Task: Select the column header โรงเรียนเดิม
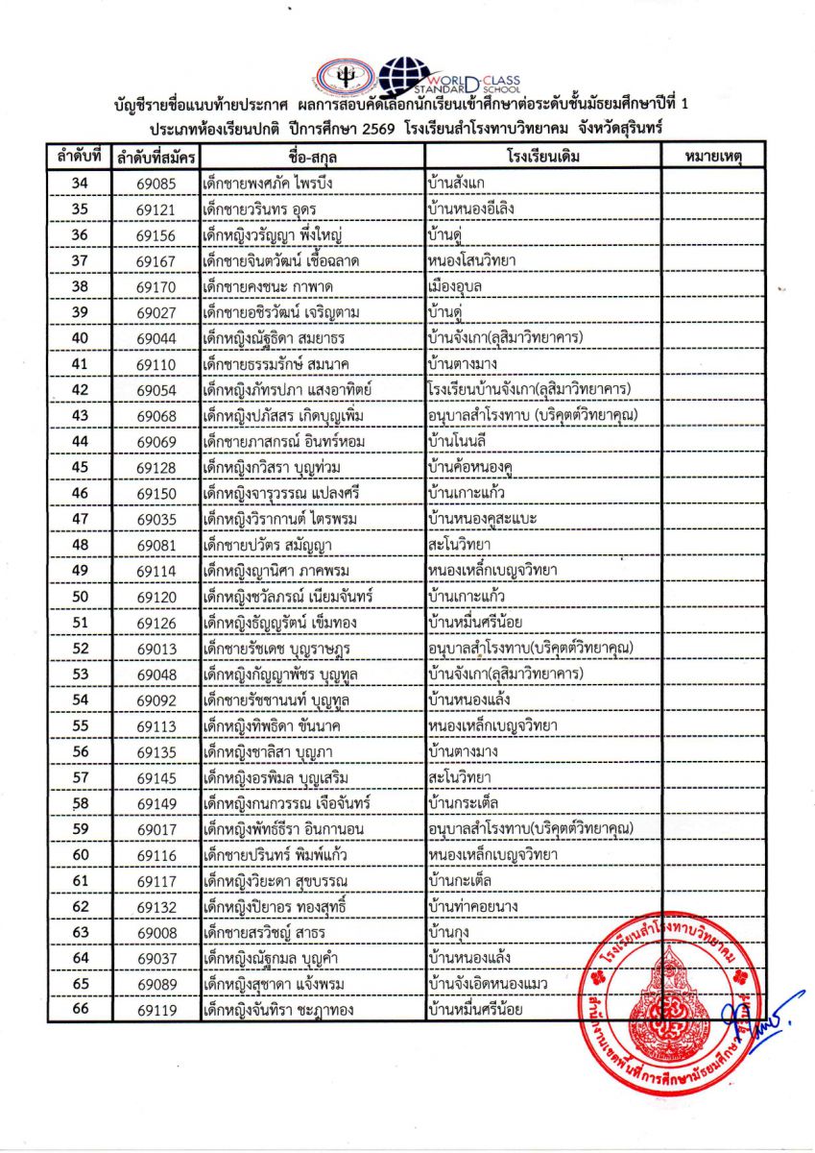[x=542, y=156]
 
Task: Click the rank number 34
[x=80, y=183]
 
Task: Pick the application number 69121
[x=155, y=209]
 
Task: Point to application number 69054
[x=155, y=390]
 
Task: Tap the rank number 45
[x=80, y=467]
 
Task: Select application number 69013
[x=155, y=649]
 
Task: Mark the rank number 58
[x=80, y=803]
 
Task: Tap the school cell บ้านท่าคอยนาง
[x=474, y=906]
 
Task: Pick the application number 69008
[x=155, y=932]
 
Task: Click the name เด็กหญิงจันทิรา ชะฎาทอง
[x=282, y=1010]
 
